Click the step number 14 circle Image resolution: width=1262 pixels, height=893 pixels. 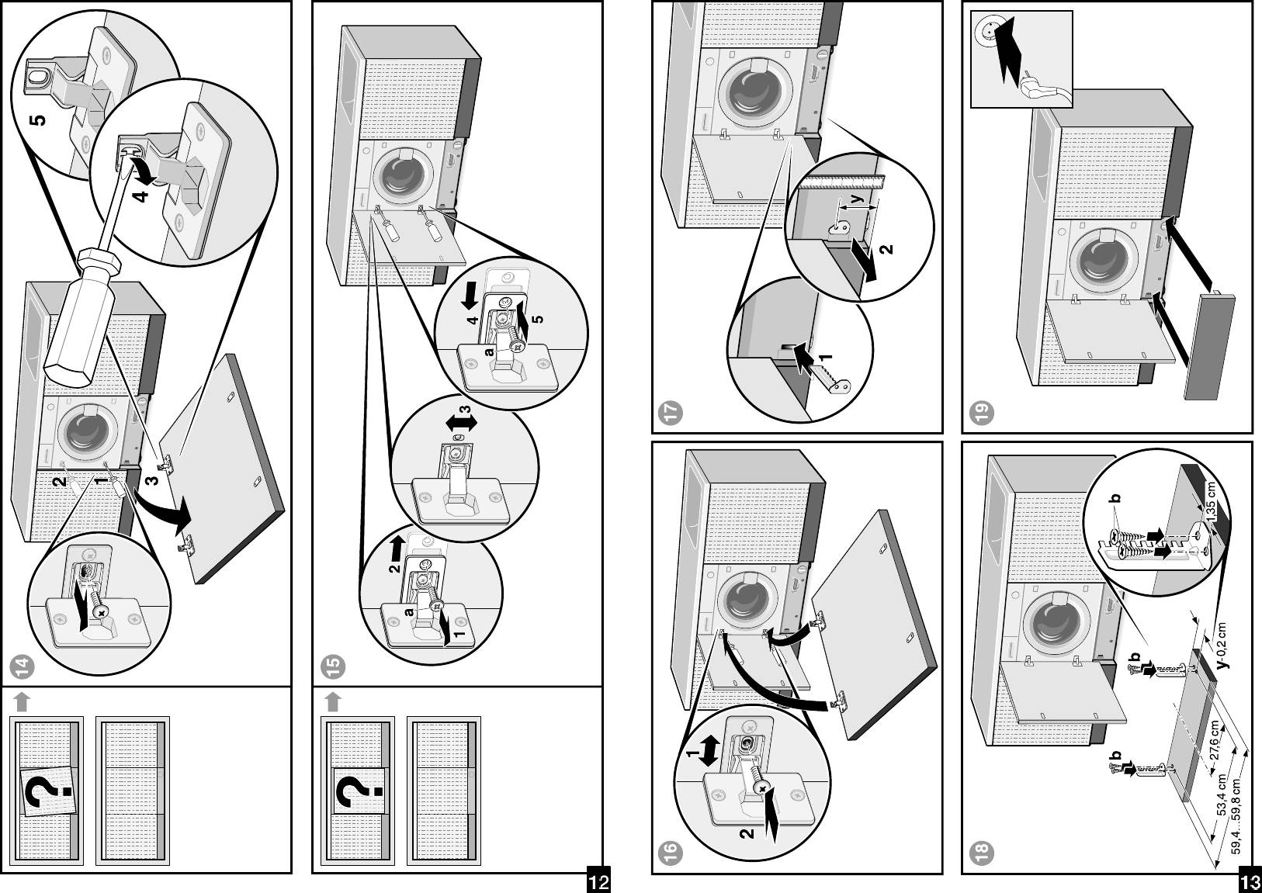[x=23, y=665]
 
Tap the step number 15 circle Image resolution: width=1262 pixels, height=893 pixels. [x=334, y=665]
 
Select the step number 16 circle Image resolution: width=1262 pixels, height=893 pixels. [x=673, y=853]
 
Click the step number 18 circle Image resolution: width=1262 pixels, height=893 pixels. [x=983, y=853]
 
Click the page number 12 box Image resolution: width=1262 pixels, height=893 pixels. [x=598, y=882]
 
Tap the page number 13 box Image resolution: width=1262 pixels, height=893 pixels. [x=1250, y=882]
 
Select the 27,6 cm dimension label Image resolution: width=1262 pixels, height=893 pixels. [x=1215, y=742]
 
